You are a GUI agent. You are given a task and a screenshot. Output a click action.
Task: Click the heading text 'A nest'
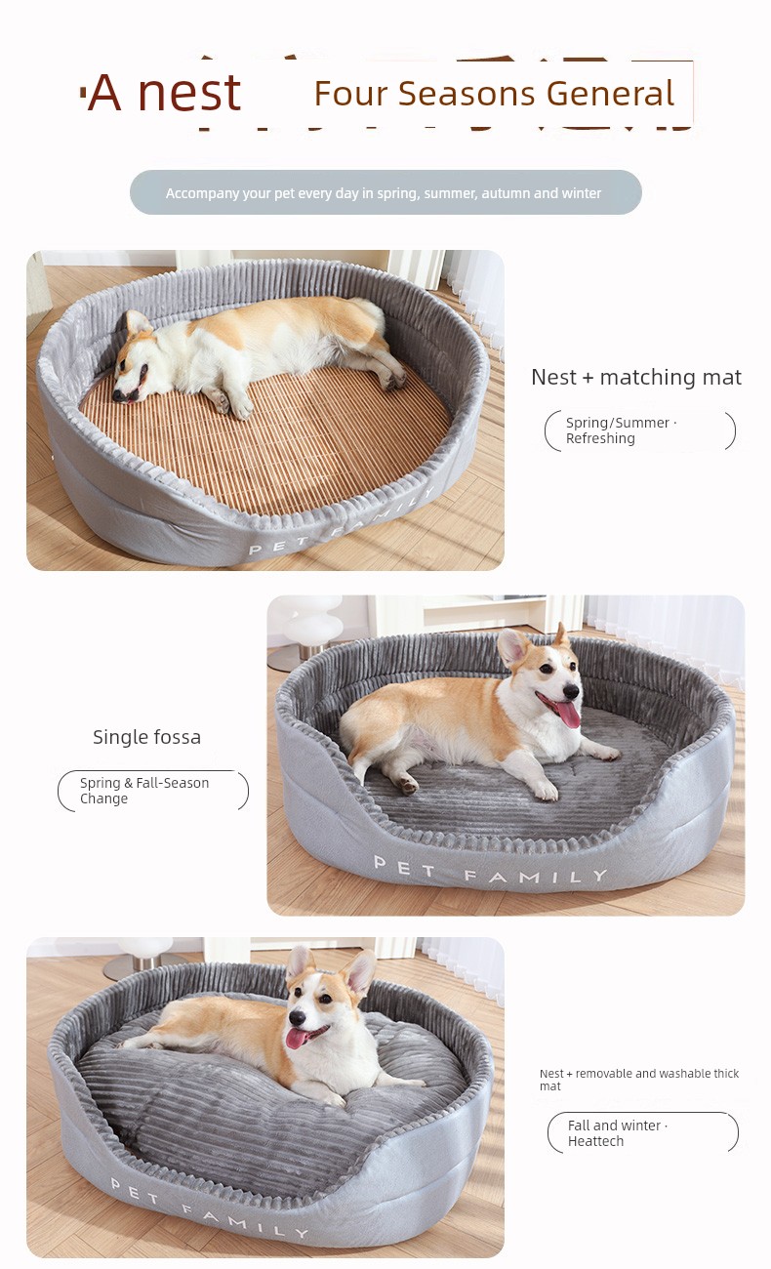(x=164, y=93)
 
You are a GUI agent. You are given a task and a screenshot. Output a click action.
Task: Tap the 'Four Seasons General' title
(x=494, y=94)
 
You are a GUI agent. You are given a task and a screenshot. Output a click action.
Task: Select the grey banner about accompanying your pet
(x=385, y=192)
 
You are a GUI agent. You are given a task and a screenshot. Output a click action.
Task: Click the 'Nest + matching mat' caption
(x=636, y=378)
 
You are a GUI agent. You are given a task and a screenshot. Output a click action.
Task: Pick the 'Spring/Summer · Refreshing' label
(x=622, y=430)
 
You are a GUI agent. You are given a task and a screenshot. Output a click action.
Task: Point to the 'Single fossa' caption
(x=146, y=737)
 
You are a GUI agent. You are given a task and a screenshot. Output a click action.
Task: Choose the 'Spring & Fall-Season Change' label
(x=144, y=791)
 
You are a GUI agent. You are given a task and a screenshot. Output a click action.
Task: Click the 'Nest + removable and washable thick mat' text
(x=639, y=1080)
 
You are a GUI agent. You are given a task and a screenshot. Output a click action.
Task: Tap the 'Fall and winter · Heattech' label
(x=618, y=1133)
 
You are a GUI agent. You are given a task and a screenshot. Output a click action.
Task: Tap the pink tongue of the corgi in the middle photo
(x=567, y=714)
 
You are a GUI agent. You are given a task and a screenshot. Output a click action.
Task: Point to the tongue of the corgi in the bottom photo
(x=295, y=1038)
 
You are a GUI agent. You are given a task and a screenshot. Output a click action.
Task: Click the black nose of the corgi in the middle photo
(x=572, y=691)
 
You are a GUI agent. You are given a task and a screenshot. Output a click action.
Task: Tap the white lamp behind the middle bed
(x=310, y=623)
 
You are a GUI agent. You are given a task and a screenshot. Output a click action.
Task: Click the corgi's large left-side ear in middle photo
(x=513, y=647)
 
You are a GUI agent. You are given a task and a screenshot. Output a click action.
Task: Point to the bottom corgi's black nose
(x=297, y=1017)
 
